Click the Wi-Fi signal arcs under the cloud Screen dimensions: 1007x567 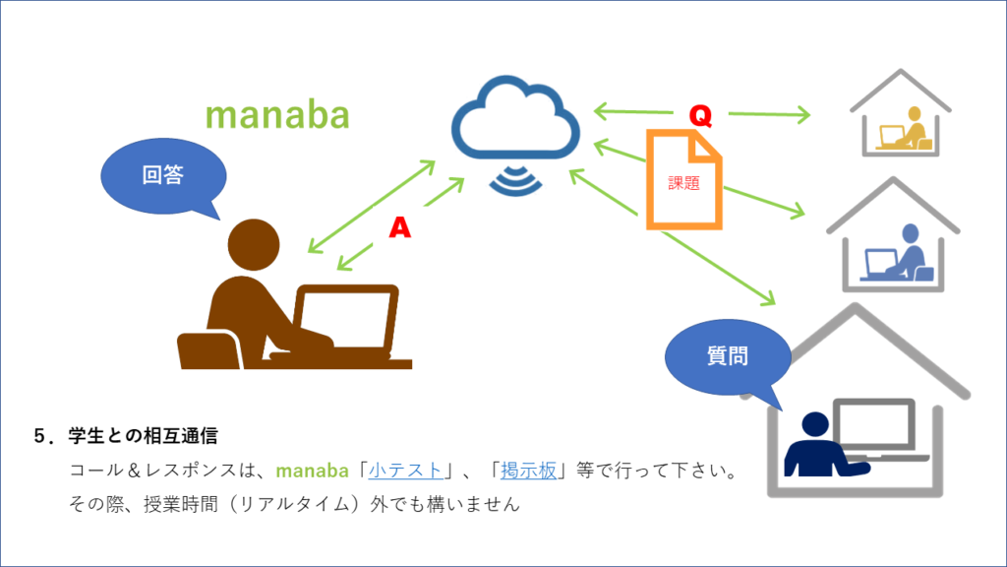[515, 181]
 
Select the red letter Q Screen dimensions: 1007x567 [700, 116]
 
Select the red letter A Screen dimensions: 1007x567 [399, 227]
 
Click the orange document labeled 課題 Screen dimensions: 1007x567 [684, 180]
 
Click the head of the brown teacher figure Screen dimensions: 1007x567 [254, 245]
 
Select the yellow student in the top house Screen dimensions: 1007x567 [905, 131]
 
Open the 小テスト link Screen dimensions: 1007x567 [405, 471]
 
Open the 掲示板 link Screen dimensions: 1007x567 [528, 471]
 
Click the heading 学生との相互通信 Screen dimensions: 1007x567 [144, 436]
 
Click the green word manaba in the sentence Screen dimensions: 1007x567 [312, 471]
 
